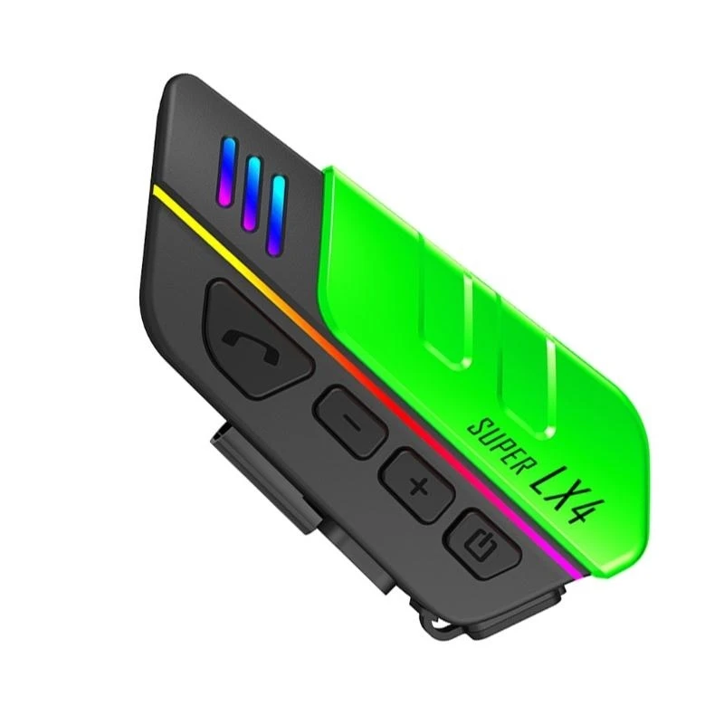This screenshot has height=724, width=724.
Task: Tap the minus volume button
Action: pyautogui.click(x=350, y=422)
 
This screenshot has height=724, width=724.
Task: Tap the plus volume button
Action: pyautogui.click(x=416, y=485)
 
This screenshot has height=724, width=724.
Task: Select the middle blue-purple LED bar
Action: pyautogui.click(x=252, y=193)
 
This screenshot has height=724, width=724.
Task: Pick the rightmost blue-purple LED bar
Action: pyautogui.click(x=277, y=215)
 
